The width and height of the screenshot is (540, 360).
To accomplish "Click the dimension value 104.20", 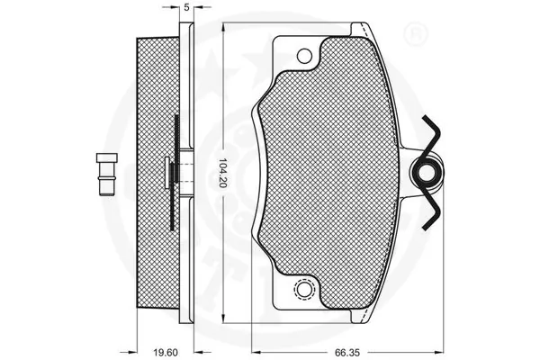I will [222, 173].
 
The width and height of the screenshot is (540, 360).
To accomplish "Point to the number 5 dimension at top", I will [185, 7].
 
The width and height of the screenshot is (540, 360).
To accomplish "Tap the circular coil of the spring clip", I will [427, 170].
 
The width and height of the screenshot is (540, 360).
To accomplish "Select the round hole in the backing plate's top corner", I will [304, 55].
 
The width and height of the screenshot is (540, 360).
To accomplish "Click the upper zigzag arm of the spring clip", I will [433, 135].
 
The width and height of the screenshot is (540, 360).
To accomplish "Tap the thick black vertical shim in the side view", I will [176, 171].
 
